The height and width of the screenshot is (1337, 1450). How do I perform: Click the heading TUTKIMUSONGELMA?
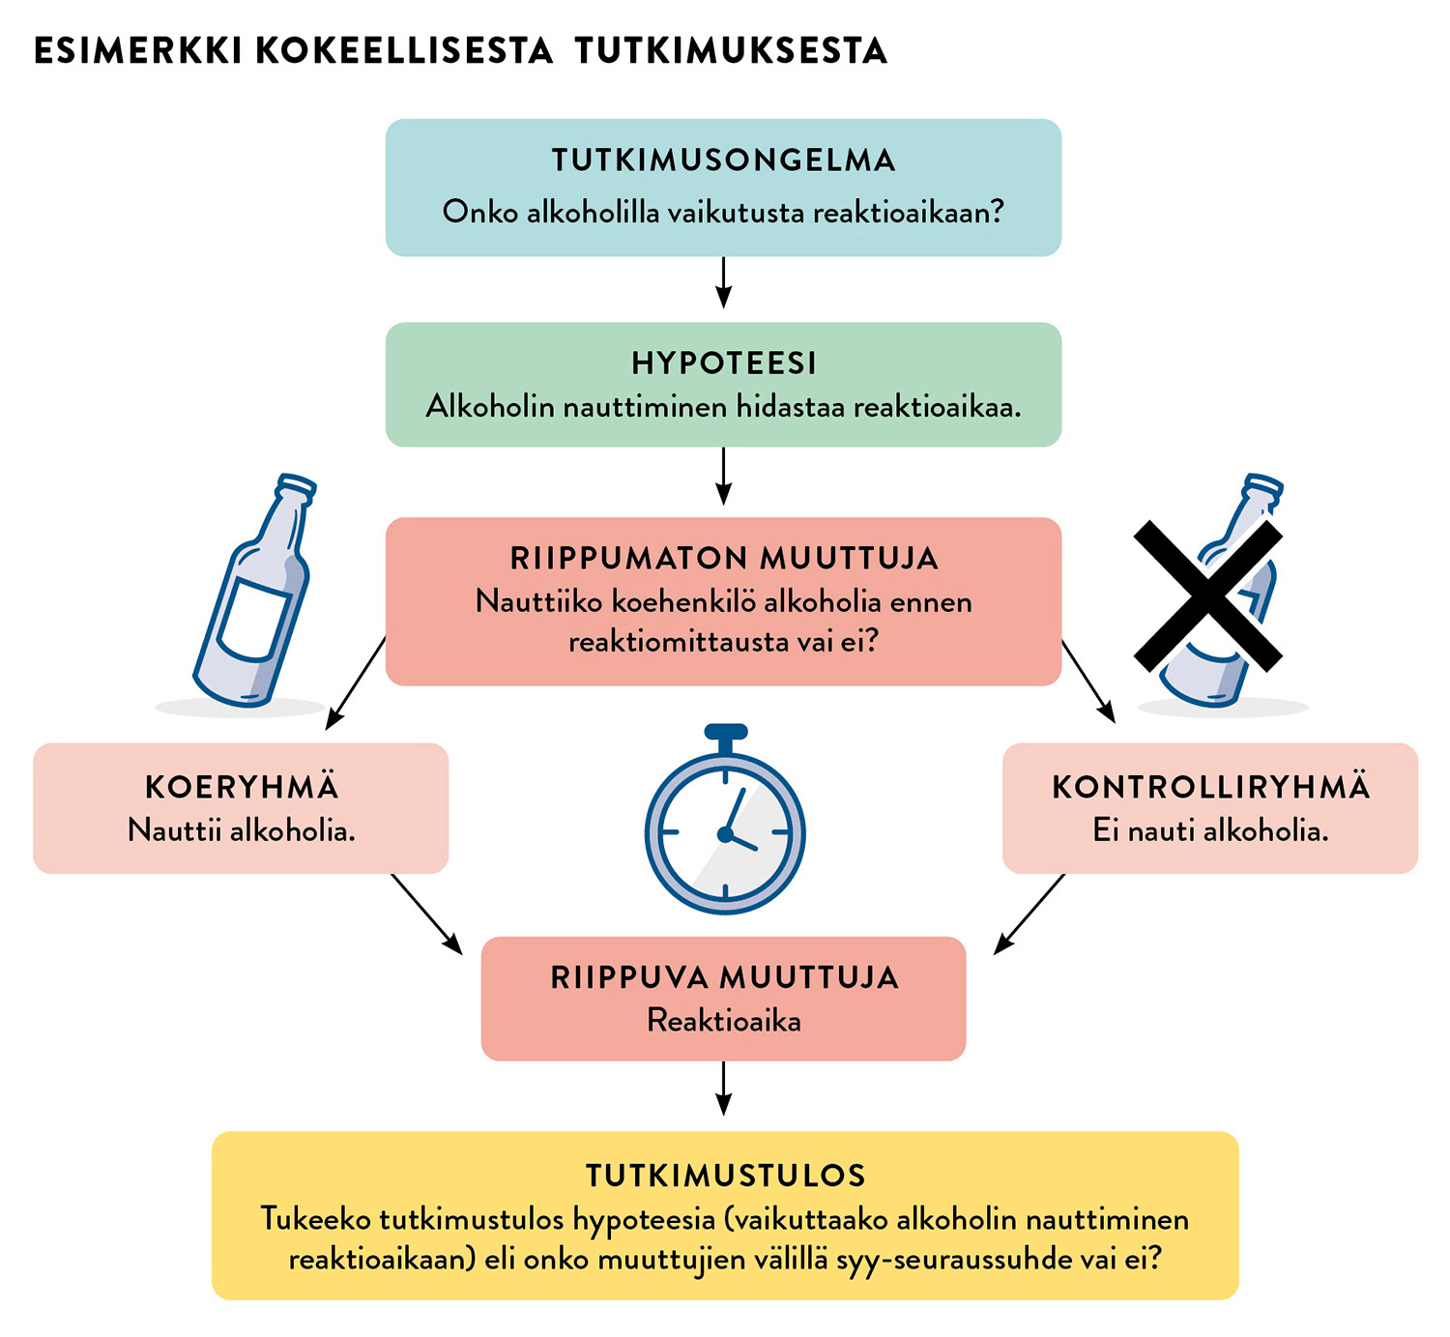tap(723, 160)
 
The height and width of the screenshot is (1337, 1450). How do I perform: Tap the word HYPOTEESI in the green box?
tap(724, 363)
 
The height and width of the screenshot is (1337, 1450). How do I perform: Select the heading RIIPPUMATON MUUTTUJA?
tap(724, 559)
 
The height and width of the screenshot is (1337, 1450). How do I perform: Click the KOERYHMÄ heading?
tap(242, 787)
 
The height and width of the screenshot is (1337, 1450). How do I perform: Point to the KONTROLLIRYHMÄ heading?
tap(1210, 787)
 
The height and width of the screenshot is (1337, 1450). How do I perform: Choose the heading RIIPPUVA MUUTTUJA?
tap(724, 977)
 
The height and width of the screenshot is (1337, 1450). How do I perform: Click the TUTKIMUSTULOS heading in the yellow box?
tap(725, 1176)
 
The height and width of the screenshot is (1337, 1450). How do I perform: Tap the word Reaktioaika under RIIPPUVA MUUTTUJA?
tap(724, 1021)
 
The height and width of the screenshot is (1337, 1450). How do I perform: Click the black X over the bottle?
tap(1207, 596)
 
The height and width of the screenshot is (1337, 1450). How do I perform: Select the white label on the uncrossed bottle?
tap(253, 619)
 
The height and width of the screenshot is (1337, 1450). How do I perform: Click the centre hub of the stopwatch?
tap(725, 833)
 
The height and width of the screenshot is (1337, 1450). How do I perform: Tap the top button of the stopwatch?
tap(726, 732)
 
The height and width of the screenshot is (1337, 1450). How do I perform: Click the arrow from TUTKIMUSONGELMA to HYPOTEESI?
tap(723, 282)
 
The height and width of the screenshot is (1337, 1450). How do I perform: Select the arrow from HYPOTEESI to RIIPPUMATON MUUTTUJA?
tap(723, 478)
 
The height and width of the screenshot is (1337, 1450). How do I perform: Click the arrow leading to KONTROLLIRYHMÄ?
tap(1088, 682)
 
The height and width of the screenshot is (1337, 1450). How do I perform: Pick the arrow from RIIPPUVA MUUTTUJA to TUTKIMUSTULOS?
tap(723, 1089)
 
